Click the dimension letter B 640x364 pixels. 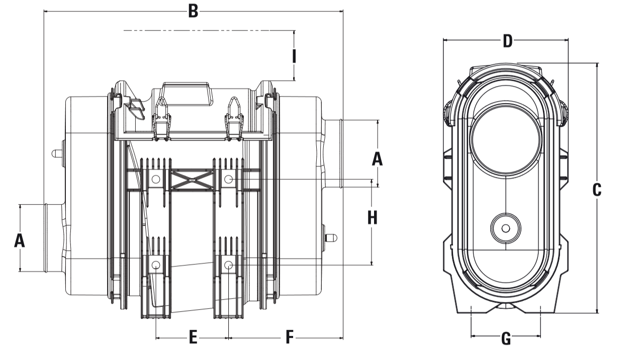[193, 11]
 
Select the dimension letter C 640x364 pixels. [597, 190]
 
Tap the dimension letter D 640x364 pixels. [507, 41]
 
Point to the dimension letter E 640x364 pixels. [193, 337]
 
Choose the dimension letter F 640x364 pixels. [289, 337]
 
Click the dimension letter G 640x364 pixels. [506, 339]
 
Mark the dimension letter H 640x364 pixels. [372, 218]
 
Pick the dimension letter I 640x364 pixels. [294, 56]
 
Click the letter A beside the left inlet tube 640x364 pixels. [19, 241]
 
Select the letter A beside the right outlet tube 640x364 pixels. [377, 159]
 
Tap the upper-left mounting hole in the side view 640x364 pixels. [156, 178]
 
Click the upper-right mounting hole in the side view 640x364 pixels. [229, 178]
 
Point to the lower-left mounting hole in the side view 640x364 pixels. [156, 264]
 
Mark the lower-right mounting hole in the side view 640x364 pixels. [229, 264]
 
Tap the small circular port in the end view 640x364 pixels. [506, 229]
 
